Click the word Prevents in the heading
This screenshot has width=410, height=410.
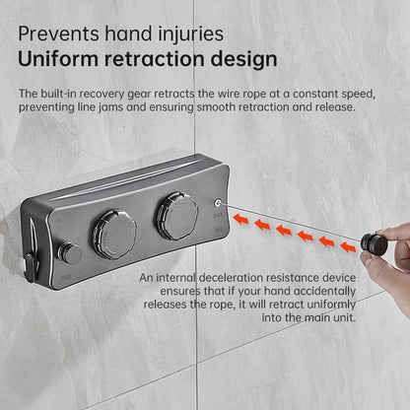point(58,34)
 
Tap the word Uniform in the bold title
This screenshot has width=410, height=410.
point(58,59)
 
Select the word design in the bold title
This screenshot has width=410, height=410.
point(243,59)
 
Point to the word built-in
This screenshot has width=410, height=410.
point(59,94)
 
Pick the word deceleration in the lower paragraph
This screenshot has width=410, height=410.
point(231,278)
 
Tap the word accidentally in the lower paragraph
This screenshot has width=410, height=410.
point(324,292)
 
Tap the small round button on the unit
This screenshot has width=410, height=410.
point(70,253)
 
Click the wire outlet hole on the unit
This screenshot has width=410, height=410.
point(218,203)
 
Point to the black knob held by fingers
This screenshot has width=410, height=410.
point(375,243)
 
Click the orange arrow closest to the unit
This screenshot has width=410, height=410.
point(240,219)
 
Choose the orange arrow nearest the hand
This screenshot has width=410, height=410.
point(348,246)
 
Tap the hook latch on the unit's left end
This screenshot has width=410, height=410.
point(31,267)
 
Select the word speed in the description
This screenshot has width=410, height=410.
point(358,95)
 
